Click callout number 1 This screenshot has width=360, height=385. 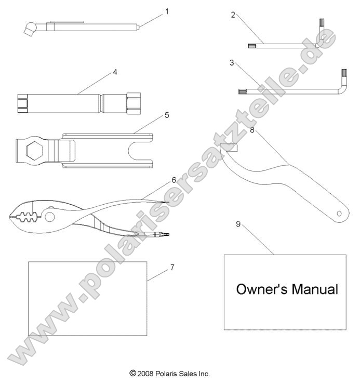tap(167, 11)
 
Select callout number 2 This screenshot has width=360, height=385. tap(233, 15)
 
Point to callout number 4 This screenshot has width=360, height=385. tap(115, 72)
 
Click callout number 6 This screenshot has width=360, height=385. tap(173, 180)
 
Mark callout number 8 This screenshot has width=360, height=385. tap(251, 130)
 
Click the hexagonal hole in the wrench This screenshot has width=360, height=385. tap(32, 151)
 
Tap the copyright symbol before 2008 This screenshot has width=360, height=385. tap(133, 373)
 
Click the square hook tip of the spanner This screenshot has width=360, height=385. tap(229, 148)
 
